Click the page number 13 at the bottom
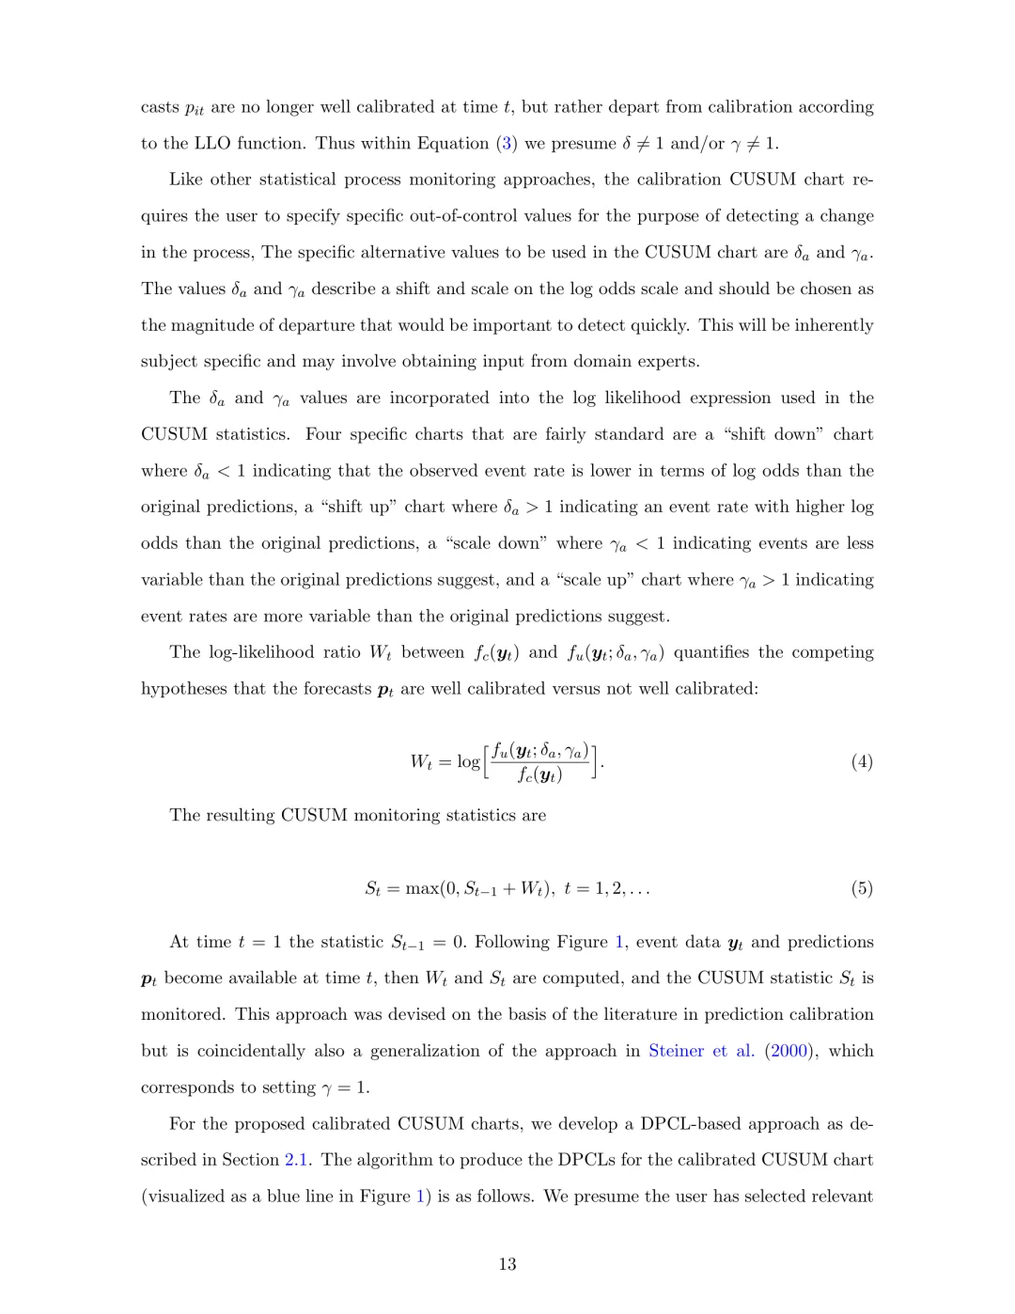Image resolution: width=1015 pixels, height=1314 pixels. (507, 1264)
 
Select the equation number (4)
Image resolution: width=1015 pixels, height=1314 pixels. (861, 762)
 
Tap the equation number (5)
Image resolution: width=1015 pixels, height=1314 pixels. (861, 888)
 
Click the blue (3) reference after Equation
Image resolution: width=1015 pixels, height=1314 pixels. (507, 144)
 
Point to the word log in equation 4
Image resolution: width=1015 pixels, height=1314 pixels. (468, 762)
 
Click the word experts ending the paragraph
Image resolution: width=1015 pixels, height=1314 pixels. (667, 362)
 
